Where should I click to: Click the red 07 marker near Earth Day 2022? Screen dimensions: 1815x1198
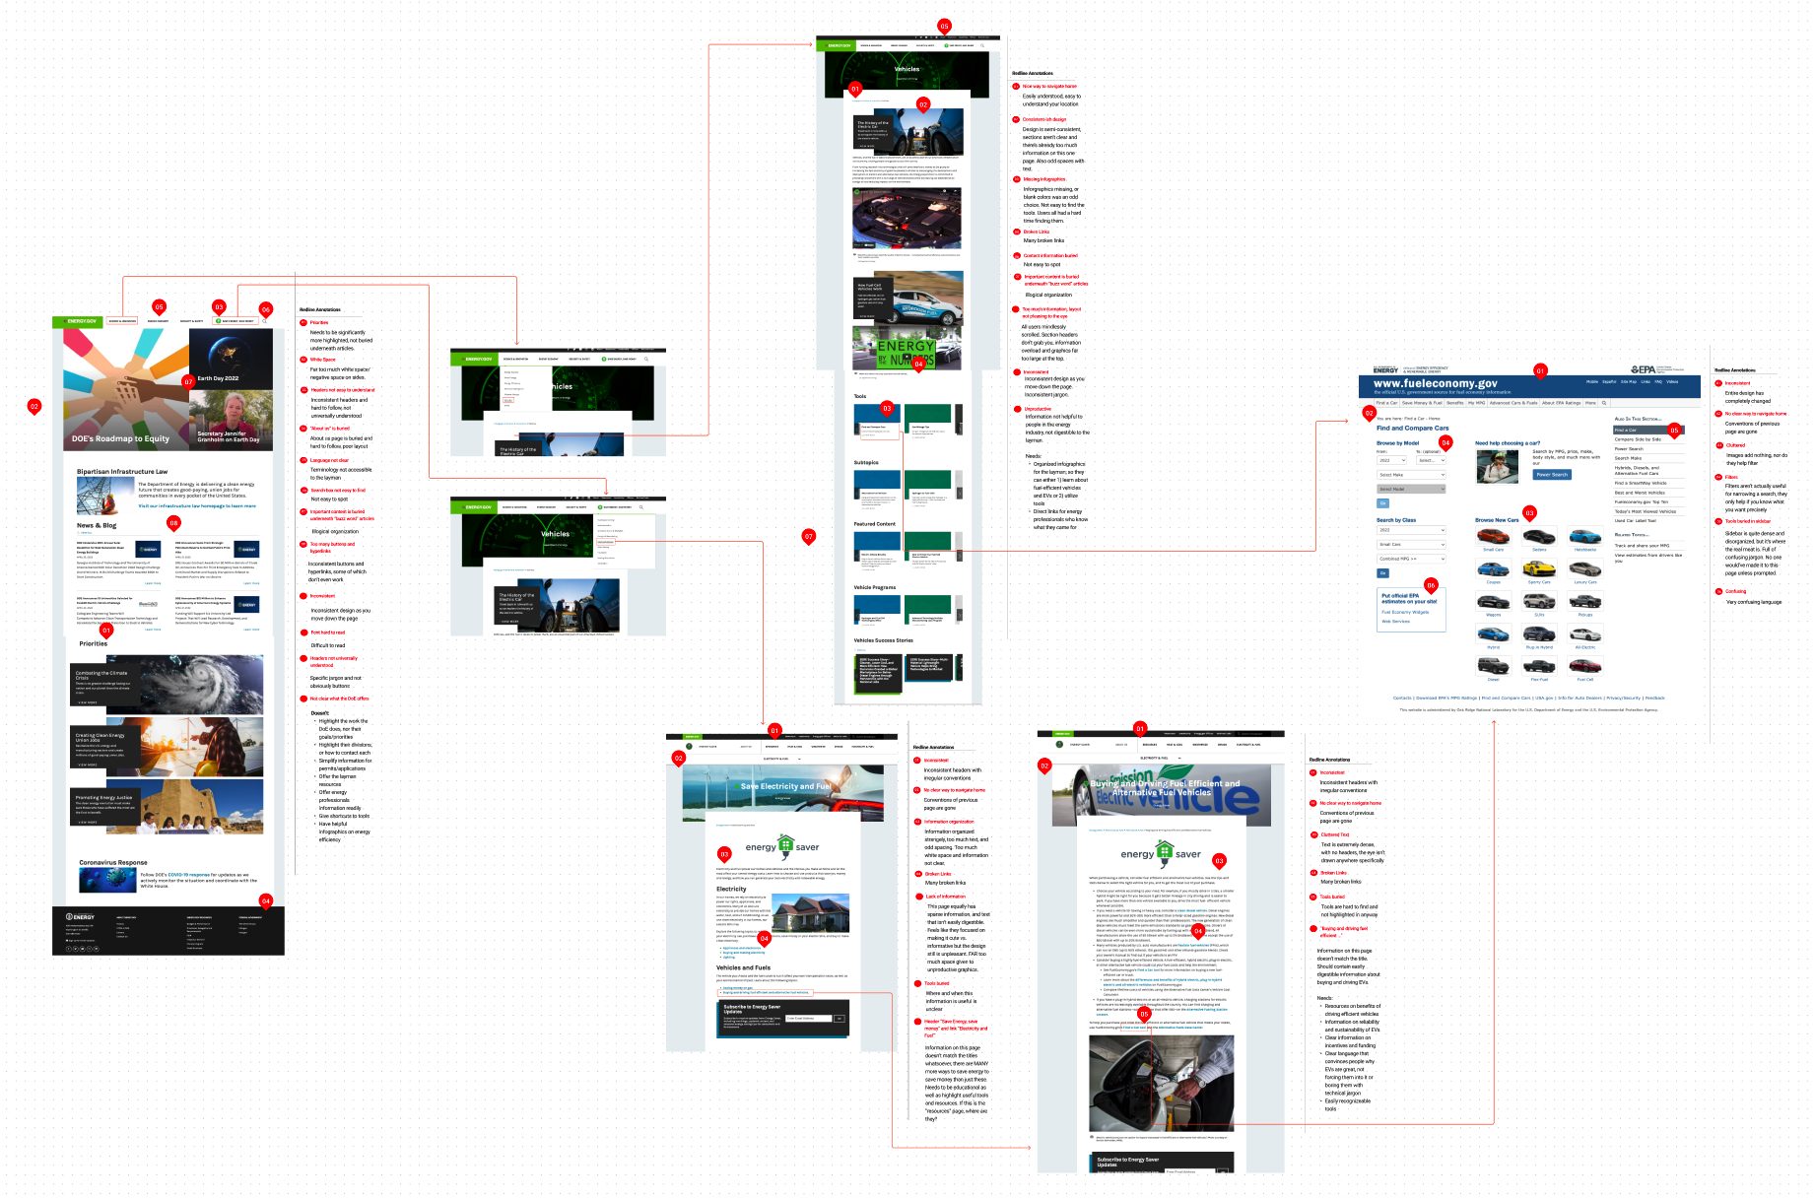click(x=188, y=381)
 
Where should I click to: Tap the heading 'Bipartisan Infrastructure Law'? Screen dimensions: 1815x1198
click(x=122, y=472)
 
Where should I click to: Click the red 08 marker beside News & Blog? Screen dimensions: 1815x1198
click(x=173, y=522)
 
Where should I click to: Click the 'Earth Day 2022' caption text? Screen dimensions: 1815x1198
click(x=218, y=378)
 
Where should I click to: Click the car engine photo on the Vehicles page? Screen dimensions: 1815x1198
click(x=907, y=218)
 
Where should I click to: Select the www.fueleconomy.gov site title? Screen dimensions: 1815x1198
click(x=1435, y=383)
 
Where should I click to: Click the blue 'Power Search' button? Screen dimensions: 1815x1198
click(x=1551, y=475)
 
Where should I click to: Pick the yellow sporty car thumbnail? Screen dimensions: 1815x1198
click(x=1538, y=569)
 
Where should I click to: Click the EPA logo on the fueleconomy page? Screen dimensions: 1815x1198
click(x=1644, y=369)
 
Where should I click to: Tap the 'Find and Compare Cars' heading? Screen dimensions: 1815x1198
click(x=1412, y=428)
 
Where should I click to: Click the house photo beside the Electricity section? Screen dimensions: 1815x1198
click(x=810, y=912)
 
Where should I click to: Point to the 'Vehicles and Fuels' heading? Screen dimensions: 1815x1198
click(x=743, y=967)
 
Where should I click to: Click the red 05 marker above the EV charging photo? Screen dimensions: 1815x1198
click(x=1144, y=1013)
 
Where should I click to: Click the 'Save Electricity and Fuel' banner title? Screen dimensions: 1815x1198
click(x=785, y=786)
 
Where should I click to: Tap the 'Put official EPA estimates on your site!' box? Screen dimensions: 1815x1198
click(x=1409, y=598)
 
